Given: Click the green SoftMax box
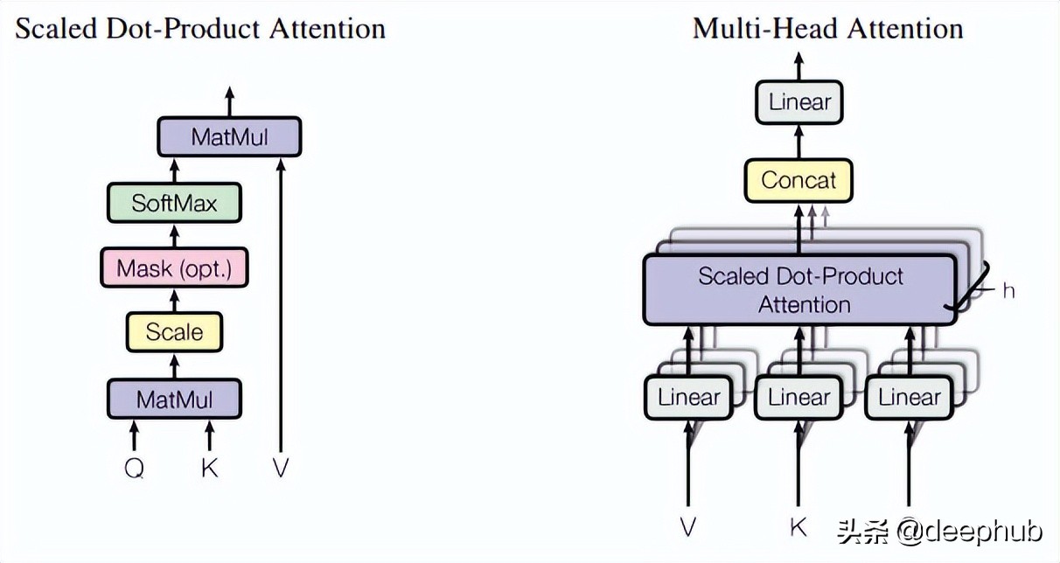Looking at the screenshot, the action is click(x=174, y=203).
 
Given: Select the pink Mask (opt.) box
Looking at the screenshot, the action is click(x=174, y=268).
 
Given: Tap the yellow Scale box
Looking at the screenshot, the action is click(x=174, y=331).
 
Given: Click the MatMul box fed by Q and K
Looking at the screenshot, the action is click(x=174, y=399).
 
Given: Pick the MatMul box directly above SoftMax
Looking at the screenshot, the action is click(x=229, y=136).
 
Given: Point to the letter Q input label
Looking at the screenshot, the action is click(x=135, y=469).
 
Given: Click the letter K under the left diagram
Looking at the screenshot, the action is click(x=210, y=468).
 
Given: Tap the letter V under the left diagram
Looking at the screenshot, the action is click(x=281, y=468).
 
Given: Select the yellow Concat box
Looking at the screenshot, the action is click(x=798, y=180).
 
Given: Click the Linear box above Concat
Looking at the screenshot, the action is click(x=798, y=102).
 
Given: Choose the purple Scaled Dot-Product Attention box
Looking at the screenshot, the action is click(x=799, y=289).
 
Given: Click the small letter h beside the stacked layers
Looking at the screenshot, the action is click(x=1008, y=291).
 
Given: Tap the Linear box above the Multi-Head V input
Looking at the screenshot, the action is click(x=688, y=397).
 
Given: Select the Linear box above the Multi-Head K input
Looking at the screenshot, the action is click(x=798, y=397).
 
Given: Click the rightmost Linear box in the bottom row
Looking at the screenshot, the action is click(x=909, y=397).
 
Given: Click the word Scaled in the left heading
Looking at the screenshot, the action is click(x=56, y=28).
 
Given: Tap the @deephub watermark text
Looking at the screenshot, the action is click(x=970, y=532).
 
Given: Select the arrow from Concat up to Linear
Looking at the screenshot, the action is click(x=798, y=142).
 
